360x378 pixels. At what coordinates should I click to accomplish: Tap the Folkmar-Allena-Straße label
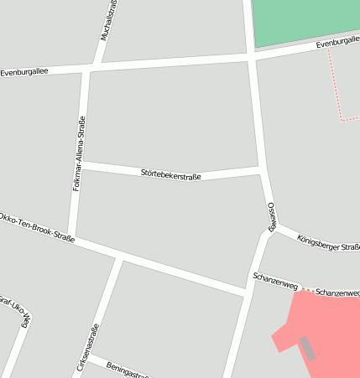pos(80,154)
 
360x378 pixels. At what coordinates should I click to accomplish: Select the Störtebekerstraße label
pos(172,174)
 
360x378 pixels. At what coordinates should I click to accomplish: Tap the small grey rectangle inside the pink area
pos(308,348)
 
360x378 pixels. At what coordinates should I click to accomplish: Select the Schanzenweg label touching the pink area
pos(337,293)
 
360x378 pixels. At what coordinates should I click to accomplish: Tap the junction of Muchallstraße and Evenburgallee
pos(99,64)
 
